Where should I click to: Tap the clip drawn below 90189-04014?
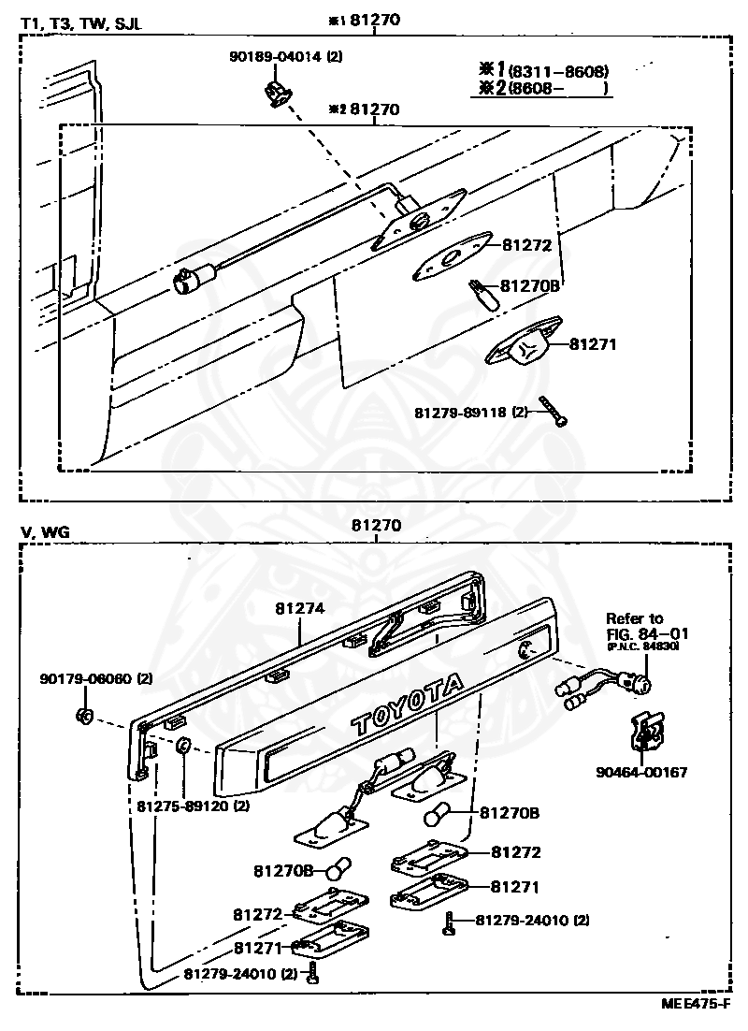pyautogui.click(x=275, y=93)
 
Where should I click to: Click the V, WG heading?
pyautogui.click(x=45, y=532)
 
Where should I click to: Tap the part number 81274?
pyautogui.click(x=299, y=608)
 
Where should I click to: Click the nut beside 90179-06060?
pyautogui.click(x=82, y=717)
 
